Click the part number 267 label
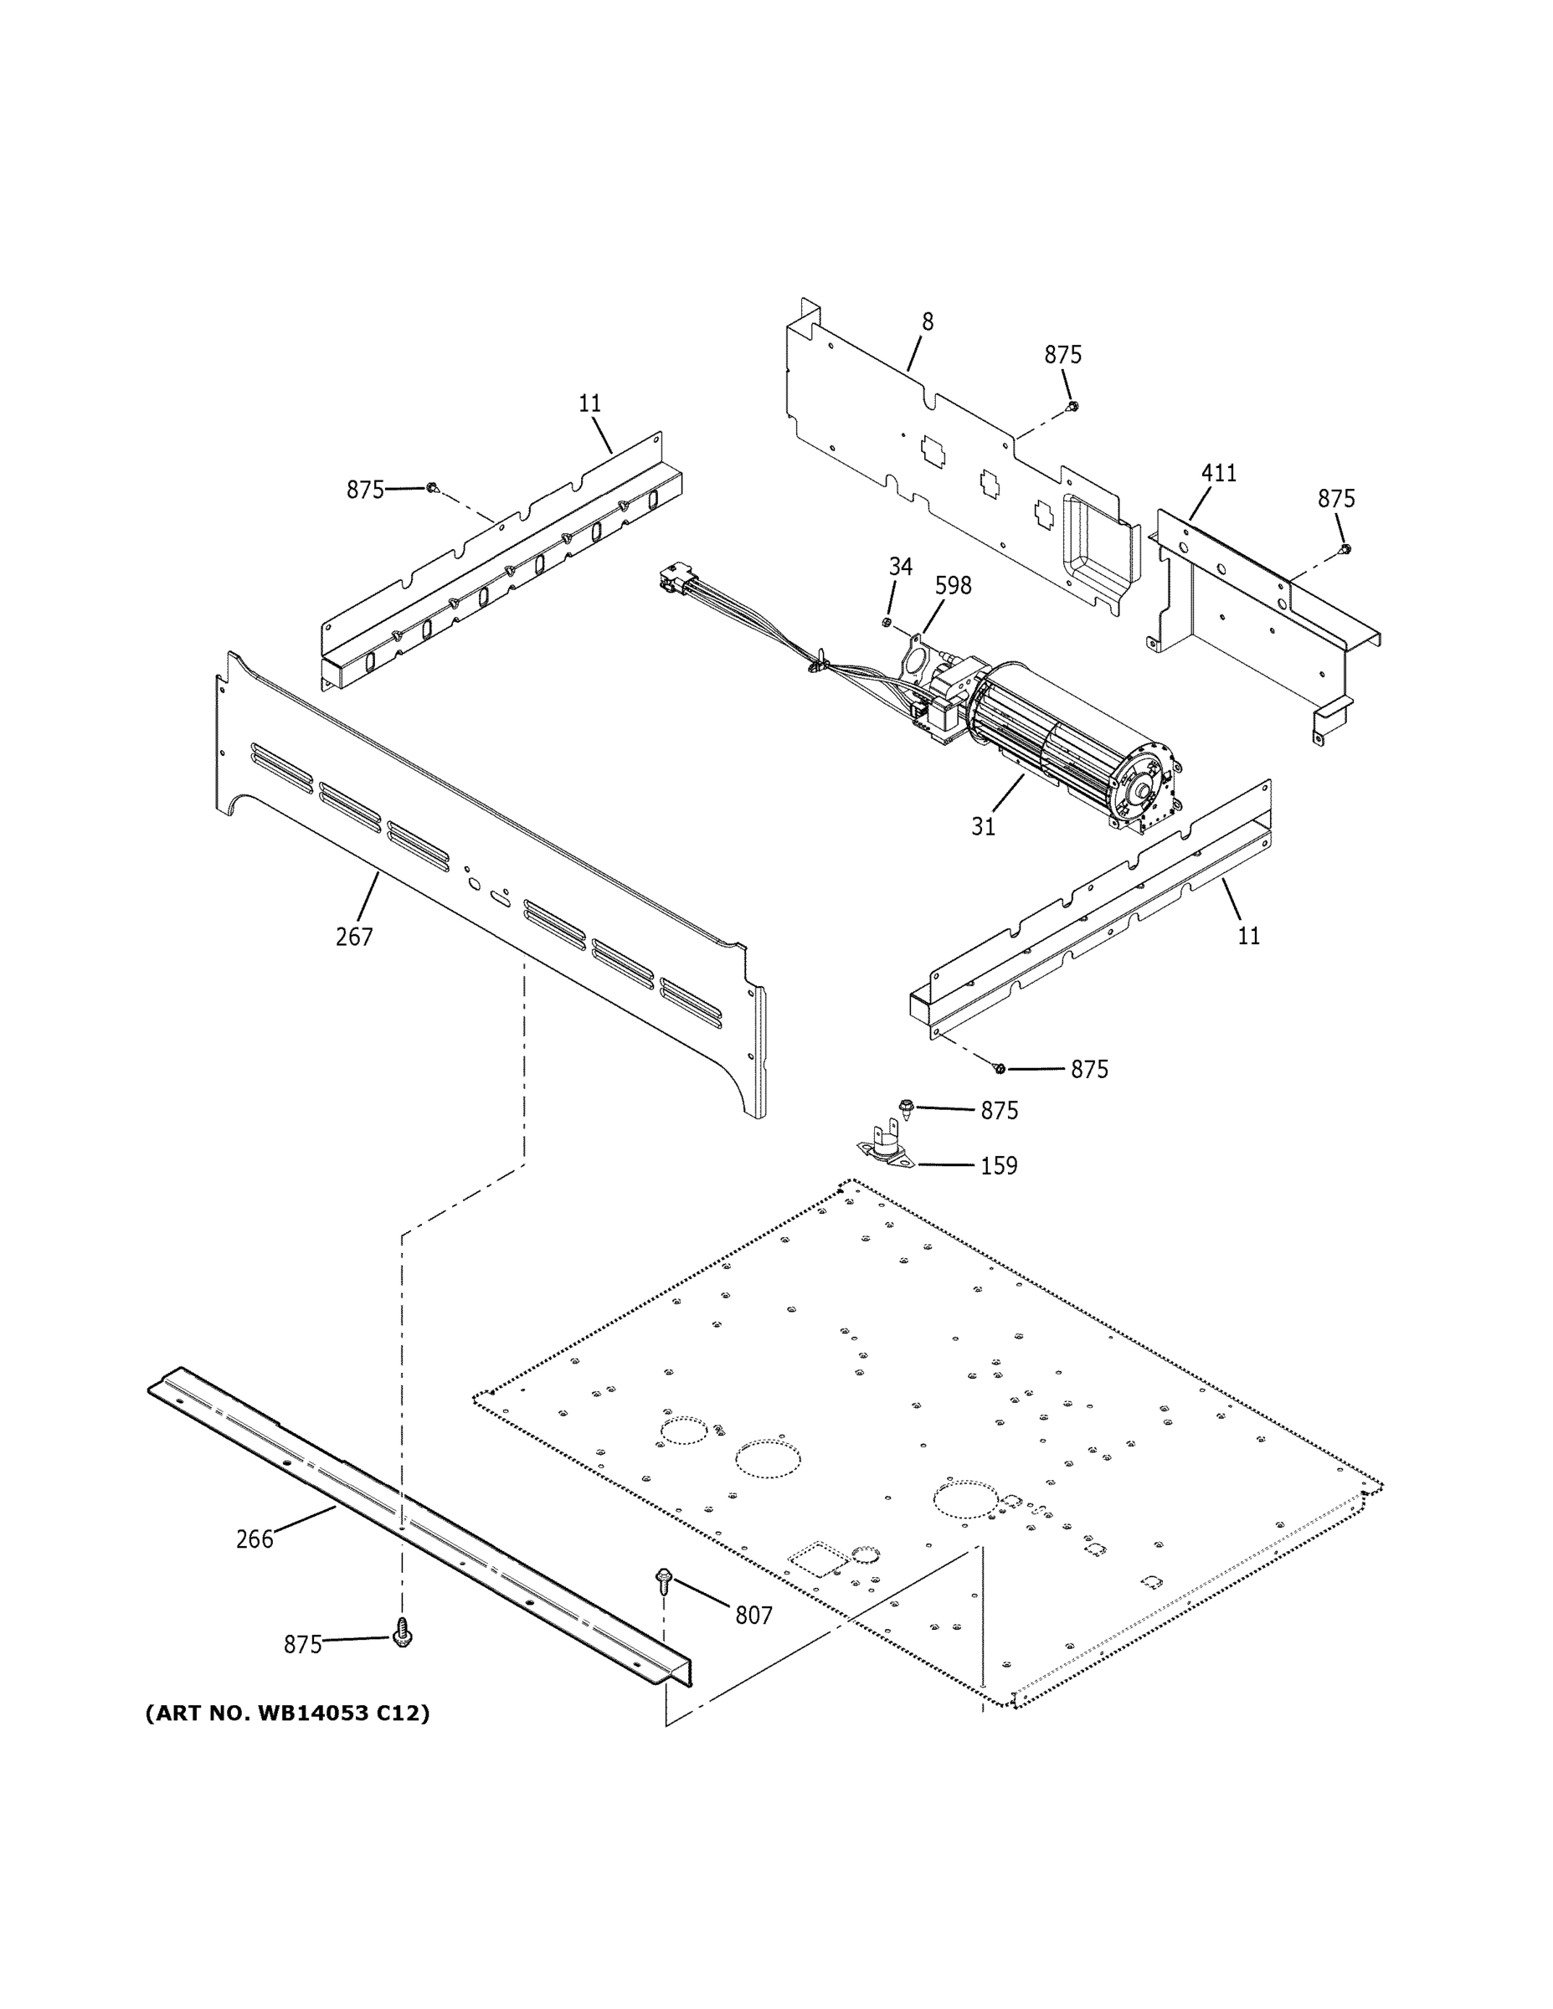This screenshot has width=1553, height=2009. [354, 938]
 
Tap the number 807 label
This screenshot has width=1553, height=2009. [753, 1616]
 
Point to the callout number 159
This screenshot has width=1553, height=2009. [998, 1166]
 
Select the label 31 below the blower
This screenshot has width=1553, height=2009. [984, 827]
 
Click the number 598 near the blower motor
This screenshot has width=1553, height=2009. [953, 586]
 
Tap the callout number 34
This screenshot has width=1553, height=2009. [901, 568]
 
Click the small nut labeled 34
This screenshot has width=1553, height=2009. [887, 624]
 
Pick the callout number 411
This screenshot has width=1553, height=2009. [1219, 474]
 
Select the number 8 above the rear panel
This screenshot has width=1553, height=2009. [928, 322]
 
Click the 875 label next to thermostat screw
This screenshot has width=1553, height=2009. [999, 1111]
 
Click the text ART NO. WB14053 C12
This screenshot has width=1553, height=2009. [287, 1714]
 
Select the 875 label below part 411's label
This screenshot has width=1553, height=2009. [1336, 499]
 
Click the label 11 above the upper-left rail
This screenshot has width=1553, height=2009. [589, 403]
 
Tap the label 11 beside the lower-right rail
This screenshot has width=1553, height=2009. [1248, 937]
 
